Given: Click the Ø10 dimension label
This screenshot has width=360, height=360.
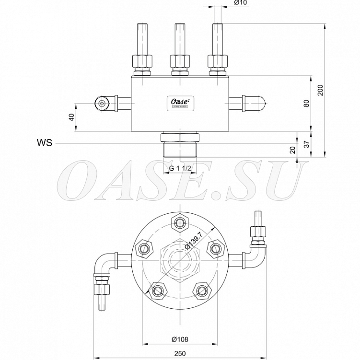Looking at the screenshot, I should [x=240, y=3].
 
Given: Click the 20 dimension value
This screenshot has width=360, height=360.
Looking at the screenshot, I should [x=293, y=150].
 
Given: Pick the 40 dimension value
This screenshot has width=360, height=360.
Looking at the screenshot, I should [x=72, y=117].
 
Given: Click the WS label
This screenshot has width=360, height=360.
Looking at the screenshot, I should [x=44, y=143].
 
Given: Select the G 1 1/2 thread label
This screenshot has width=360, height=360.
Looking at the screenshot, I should [x=180, y=168].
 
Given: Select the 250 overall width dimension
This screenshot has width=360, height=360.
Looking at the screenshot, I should [x=180, y=353].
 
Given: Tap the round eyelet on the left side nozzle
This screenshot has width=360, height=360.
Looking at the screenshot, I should [x=102, y=103].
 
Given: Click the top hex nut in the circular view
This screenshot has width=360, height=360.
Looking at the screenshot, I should [x=180, y=222].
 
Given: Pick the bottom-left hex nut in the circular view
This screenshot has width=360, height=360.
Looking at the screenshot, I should [x=157, y=290].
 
